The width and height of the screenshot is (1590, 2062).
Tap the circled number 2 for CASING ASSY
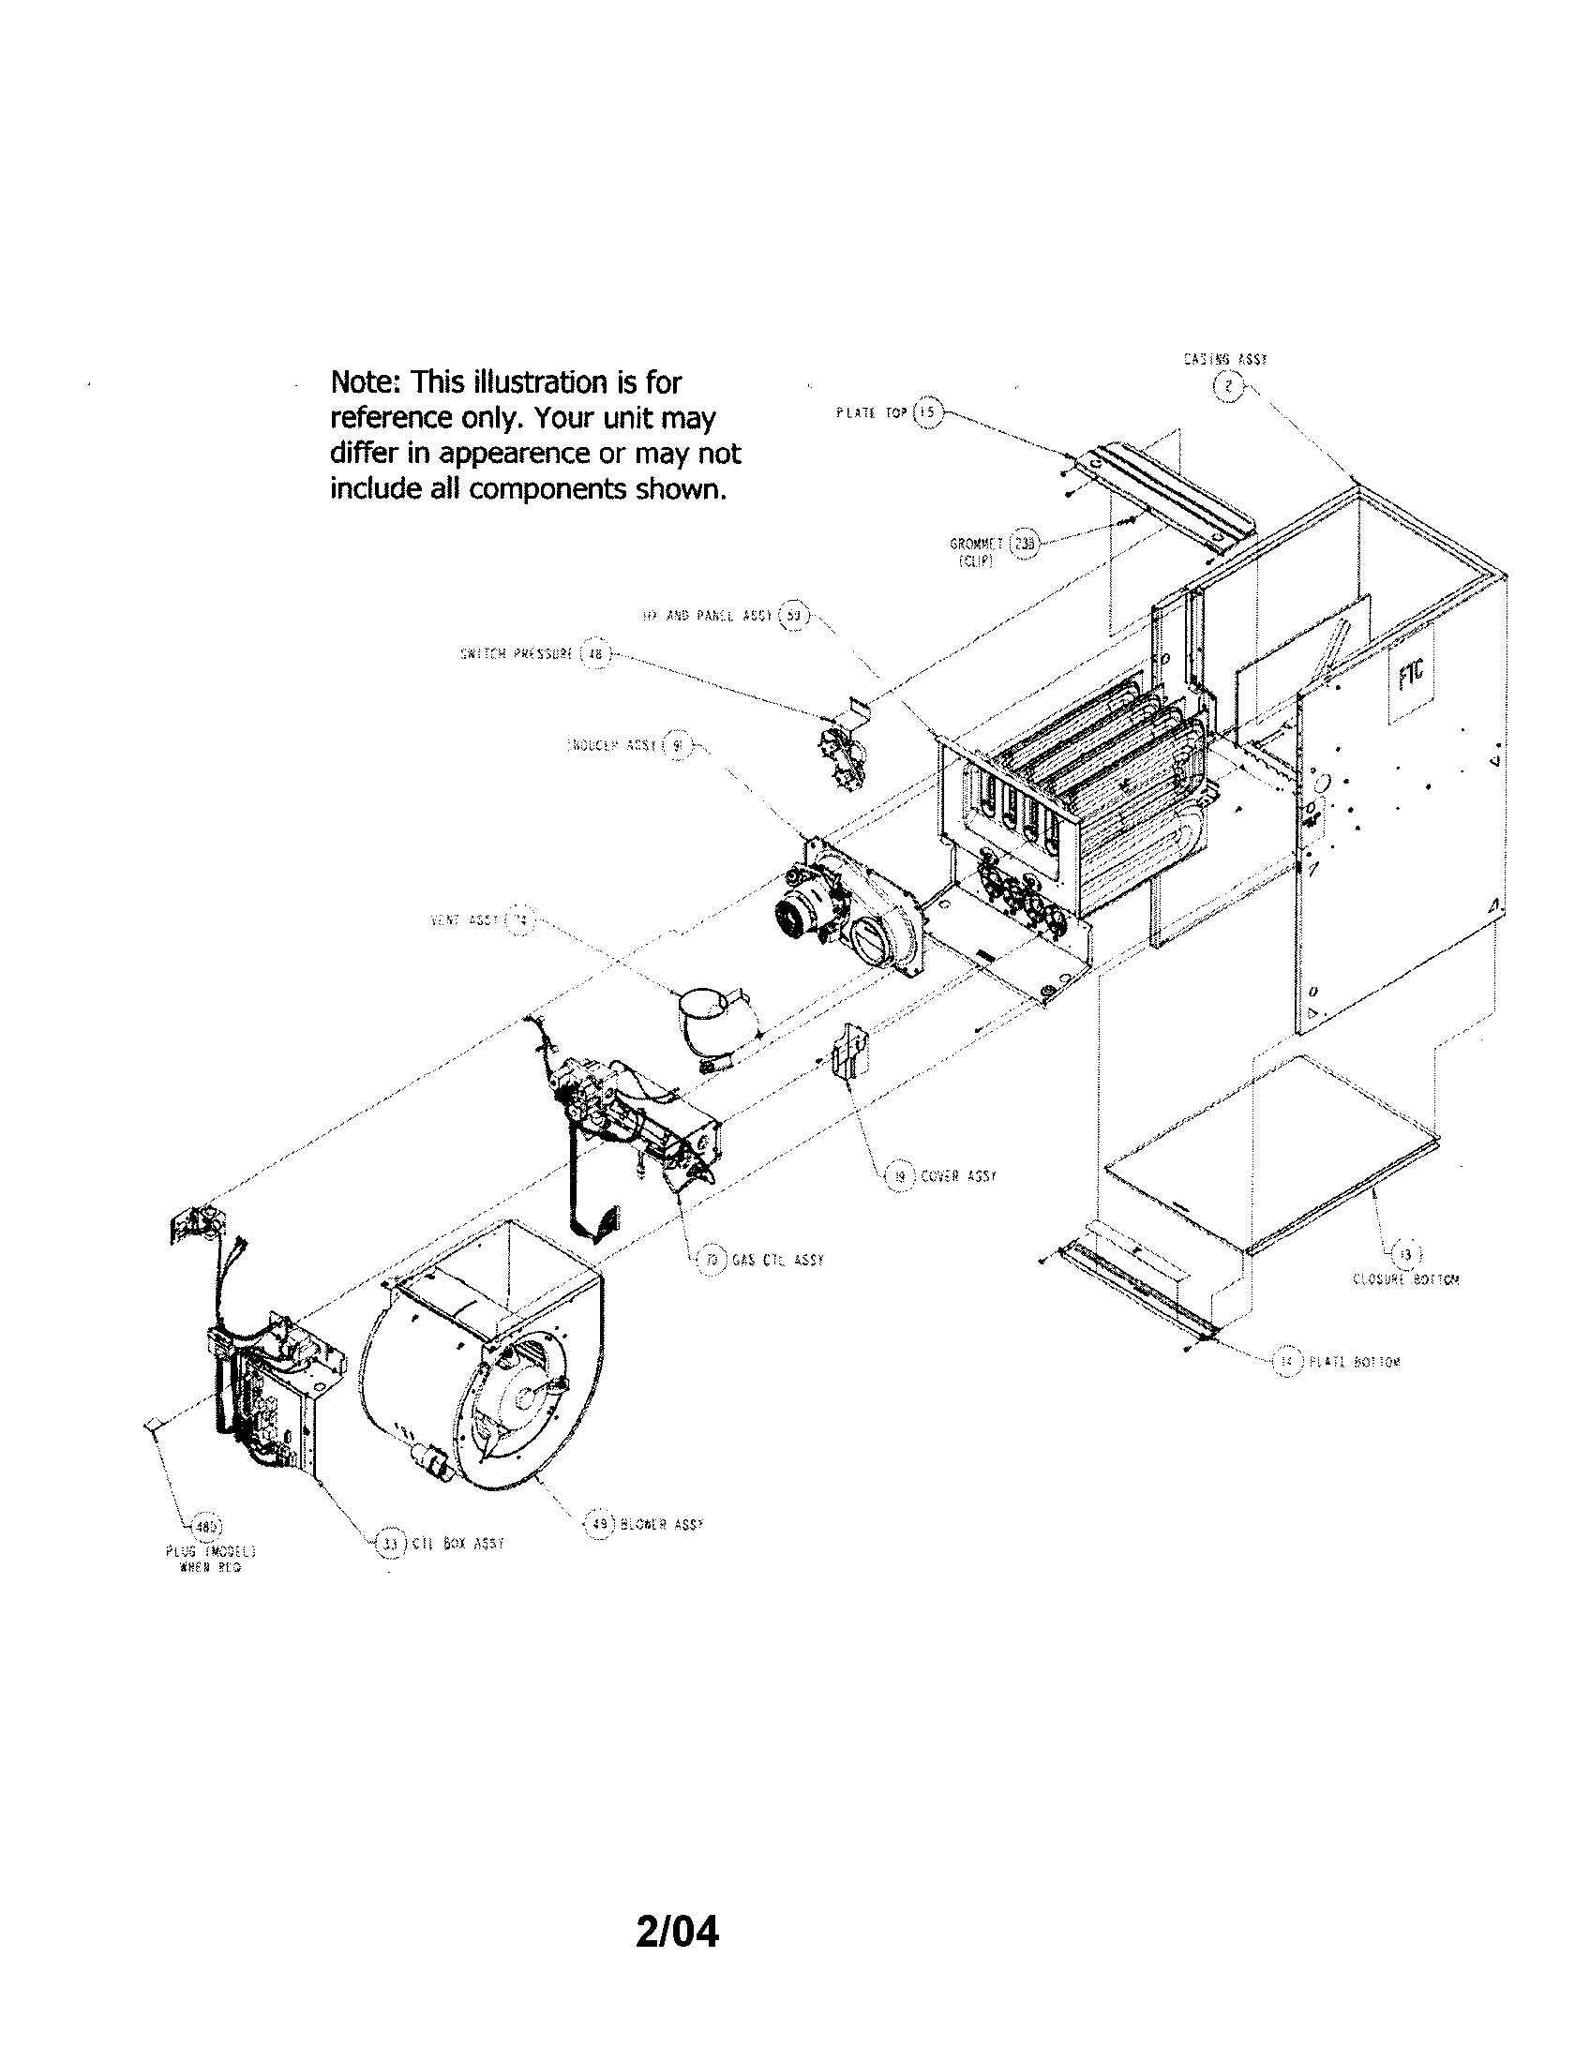(x=1227, y=387)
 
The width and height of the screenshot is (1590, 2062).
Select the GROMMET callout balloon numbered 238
(x=1023, y=544)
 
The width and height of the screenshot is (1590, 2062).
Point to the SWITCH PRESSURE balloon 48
(x=594, y=652)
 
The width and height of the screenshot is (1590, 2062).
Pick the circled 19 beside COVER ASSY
(x=899, y=1176)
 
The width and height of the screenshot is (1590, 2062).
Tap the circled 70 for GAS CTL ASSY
(x=712, y=1260)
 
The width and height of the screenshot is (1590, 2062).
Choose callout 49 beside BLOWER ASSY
(x=598, y=1524)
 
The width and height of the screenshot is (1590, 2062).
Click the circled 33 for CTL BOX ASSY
(x=388, y=1544)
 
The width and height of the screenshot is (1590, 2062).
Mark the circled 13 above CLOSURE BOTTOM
(x=1406, y=1255)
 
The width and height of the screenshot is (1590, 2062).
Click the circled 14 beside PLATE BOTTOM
(x=1284, y=1362)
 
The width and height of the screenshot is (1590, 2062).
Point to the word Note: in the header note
(x=367, y=382)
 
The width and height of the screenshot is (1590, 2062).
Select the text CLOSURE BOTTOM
(x=1406, y=1280)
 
